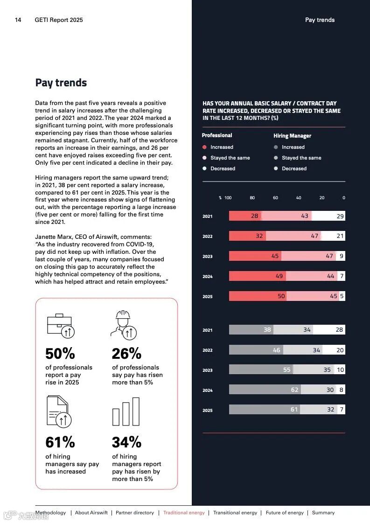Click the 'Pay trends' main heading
61,83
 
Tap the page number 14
18,20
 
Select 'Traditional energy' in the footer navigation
184,513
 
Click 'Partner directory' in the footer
135,513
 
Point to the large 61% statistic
60,442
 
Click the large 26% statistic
126,353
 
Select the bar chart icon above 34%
126,411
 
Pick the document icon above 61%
58,411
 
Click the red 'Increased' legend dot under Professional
204,147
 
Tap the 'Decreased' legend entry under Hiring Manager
294,168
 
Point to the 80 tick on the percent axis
252,198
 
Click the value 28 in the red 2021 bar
254,216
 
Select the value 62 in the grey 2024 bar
294,390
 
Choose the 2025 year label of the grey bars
207,411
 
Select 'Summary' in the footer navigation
323,513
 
